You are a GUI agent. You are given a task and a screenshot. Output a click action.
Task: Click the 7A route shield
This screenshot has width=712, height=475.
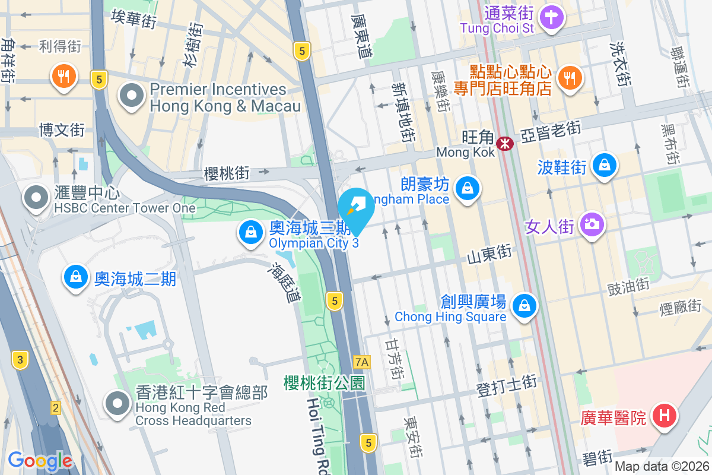361,362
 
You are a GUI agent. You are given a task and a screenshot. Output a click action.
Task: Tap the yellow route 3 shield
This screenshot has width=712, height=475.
20,359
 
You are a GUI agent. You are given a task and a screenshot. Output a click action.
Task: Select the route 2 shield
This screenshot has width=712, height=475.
55,408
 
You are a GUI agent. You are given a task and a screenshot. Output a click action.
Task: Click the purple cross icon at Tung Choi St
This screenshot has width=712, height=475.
552,16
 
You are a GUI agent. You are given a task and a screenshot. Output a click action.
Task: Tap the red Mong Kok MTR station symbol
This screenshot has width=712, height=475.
505,143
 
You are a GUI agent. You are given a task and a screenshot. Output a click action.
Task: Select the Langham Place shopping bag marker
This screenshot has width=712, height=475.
468,188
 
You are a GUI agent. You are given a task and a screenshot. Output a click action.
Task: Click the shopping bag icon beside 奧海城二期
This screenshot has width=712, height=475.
76,276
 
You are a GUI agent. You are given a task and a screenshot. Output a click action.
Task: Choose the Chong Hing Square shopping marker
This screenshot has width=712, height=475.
524,306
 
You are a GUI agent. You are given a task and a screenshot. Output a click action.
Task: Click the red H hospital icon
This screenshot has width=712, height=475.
664,414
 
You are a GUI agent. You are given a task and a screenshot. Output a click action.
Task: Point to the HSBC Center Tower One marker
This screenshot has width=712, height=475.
36,198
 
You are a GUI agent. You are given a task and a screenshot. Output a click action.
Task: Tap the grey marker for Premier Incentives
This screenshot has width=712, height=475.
131,96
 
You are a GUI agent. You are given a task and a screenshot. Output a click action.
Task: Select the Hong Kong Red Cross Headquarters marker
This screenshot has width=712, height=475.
117,404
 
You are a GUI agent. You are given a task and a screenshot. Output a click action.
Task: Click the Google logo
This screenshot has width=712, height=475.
40,461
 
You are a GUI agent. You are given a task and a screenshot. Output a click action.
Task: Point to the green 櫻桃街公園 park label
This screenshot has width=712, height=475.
324,382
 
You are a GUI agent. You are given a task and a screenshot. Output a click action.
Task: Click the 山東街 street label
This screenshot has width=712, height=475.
489,254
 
